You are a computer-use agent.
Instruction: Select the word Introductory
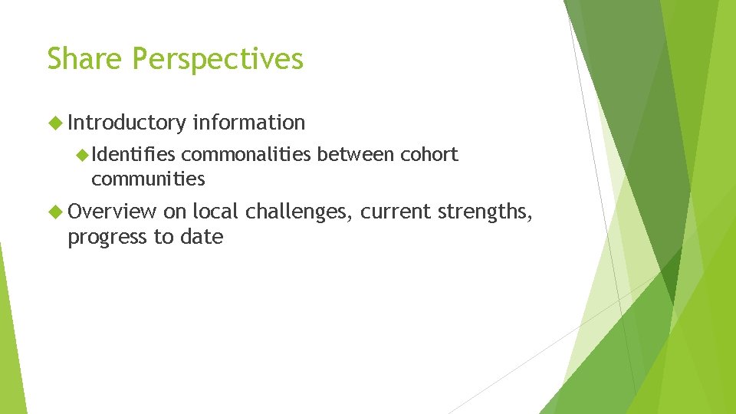(x=127, y=123)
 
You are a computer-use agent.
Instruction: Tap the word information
(x=249, y=123)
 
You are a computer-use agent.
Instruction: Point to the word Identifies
(x=133, y=155)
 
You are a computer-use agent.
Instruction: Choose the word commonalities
(x=246, y=155)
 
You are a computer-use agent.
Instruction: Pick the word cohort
(x=429, y=155)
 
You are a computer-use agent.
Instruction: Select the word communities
(x=148, y=179)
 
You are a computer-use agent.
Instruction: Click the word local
(x=216, y=212)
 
